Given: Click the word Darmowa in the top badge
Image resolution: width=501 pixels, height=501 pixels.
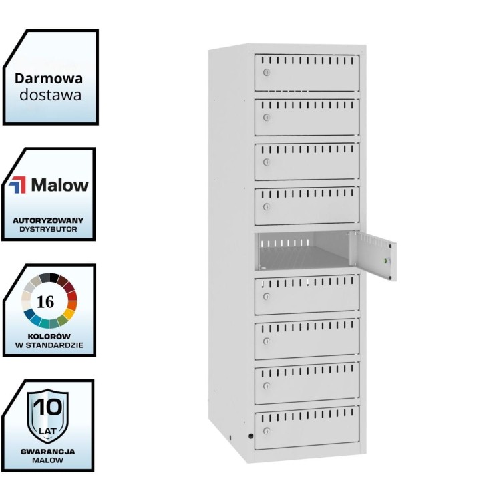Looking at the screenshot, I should point(49,79).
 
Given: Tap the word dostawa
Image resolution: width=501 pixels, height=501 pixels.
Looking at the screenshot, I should point(50,95).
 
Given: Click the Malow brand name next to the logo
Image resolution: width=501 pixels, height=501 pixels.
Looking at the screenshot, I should point(59,185).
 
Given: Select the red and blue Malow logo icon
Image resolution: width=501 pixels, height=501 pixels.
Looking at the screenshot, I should point(17,185).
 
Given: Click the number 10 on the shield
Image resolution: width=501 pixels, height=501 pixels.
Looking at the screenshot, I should point(47,406).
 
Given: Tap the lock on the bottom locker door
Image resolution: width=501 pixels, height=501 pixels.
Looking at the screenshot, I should point(266,431).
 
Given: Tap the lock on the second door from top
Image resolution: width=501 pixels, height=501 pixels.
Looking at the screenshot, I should point(266,118).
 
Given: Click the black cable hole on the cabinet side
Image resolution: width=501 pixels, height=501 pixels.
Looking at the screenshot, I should point(251,436).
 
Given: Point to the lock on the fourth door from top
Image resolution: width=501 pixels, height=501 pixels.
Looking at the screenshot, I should point(266,207).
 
